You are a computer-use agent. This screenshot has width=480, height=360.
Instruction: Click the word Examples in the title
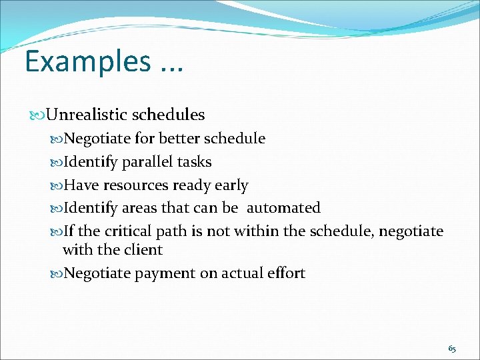pos(88,61)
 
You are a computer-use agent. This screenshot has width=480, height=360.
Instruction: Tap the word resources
pos(137,185)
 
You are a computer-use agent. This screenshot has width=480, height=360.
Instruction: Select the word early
pos(231,185)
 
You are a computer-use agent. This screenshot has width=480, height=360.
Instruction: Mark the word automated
pos(283,208)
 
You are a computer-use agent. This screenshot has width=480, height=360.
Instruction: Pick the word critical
pos(127,231)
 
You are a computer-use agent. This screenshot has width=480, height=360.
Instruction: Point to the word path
pos(171,231)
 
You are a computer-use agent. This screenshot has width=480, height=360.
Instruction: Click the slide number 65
pos(452,349)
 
